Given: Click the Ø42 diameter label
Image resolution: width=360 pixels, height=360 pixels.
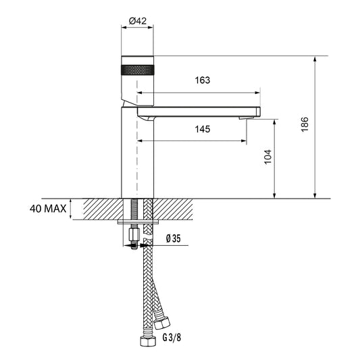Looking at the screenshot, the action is coord(138,21).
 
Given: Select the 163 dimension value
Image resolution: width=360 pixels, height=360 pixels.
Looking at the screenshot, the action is coord(203,80).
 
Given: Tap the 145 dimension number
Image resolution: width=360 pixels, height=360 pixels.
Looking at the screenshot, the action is coord(203,129).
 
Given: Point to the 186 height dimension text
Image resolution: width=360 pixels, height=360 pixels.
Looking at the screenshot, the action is coord(305,124).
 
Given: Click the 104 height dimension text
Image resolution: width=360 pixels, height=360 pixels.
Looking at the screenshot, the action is coord(267,157).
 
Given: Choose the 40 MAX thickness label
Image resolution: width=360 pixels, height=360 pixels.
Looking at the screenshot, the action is coord(48,209).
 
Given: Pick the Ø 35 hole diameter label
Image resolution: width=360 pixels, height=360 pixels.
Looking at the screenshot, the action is coord(174,238).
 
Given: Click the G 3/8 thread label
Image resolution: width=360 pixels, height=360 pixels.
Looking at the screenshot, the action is coord(172,338).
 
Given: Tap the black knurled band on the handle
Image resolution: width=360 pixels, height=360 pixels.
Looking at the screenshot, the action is coord(138,70).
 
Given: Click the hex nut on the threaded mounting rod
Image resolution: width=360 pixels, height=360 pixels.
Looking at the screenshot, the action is coord(134,234).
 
